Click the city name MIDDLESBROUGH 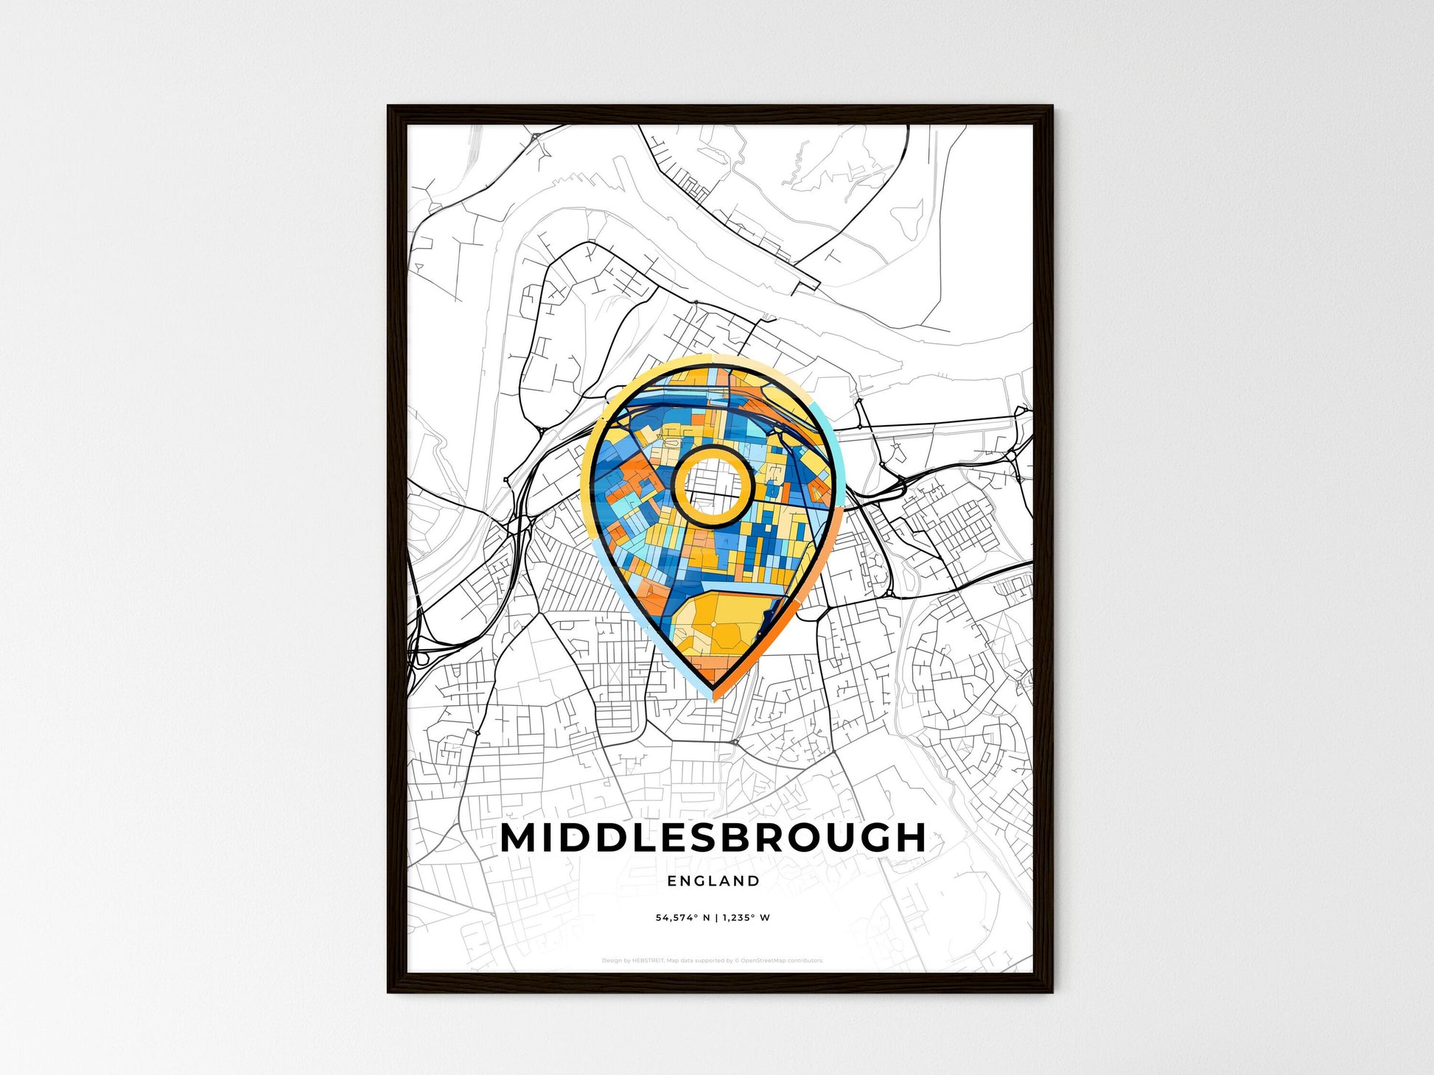pyautogui.click(x=713, y=838)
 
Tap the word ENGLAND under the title pyautogui.click(x=713, y=880)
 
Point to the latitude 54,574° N pyautogui.click(x=682, y=918)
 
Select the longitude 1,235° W pyautogui.click(x=746, y=918)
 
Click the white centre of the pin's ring pyautogui.click(x=713, y=486)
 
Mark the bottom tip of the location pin pyautogui.click(x=714, y=698)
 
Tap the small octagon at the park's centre pyautogui.click(x=713, y=625)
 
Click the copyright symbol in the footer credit pyautogui.click(x=737, y=961)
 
